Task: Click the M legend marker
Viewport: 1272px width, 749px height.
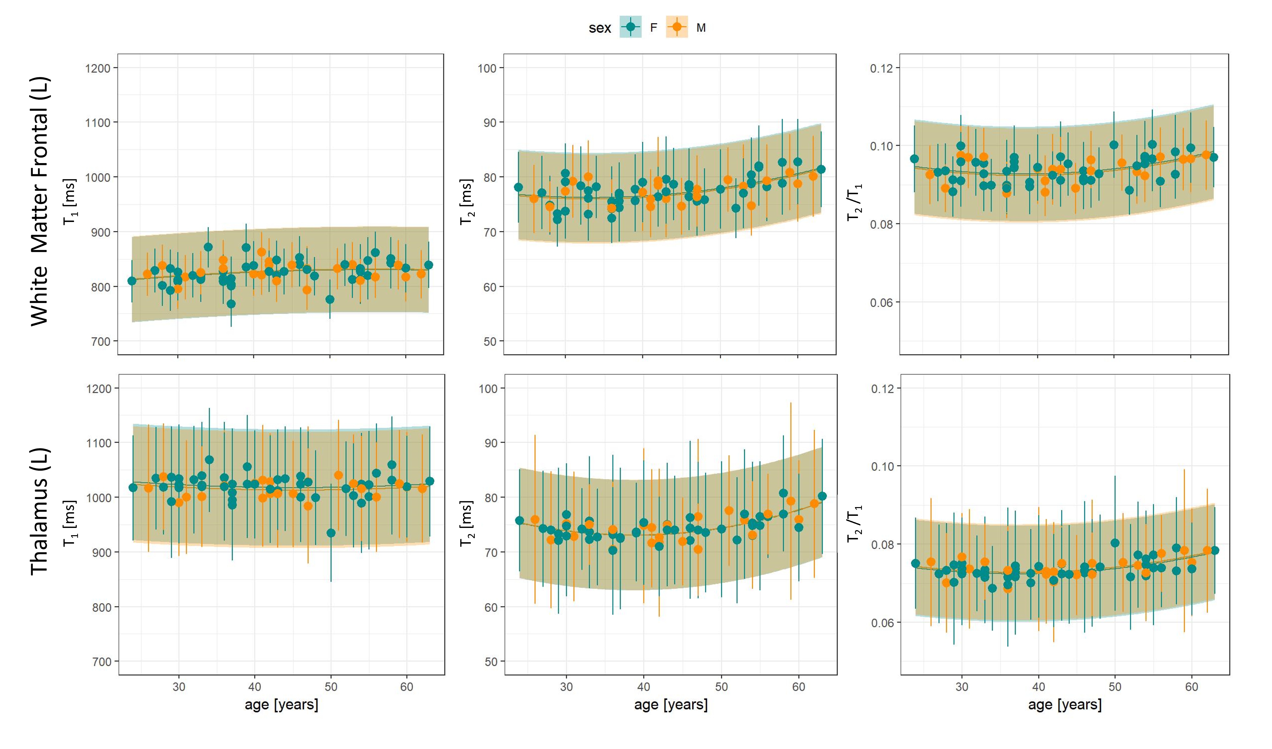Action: click(677, 27)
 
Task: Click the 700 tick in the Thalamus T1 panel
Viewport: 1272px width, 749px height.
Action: click(102, 662)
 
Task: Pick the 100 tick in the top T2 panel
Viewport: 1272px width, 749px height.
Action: click(487, 68)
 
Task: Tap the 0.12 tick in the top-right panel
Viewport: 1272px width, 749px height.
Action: click(881, 68)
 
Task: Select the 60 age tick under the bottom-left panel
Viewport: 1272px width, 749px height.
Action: click(406, 687)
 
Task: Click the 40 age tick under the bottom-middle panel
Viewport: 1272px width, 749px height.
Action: click(644, 687)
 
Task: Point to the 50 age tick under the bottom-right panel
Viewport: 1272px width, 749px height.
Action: click(1115, 687)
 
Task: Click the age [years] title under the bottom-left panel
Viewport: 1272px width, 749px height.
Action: click(281, 705)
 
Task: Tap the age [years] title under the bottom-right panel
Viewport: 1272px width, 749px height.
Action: click(1065, 705)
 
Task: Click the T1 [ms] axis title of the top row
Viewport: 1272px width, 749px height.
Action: click(70, 201)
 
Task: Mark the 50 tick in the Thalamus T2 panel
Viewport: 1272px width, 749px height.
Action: click(491, 662)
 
